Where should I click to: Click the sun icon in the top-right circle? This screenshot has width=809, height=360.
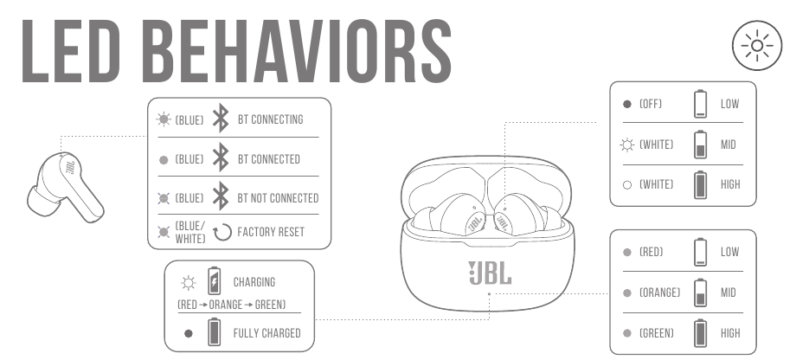pos(757,46)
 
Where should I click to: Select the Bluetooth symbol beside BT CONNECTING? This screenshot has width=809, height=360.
pos(221,118)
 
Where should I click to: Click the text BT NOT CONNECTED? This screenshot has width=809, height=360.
pos(278,198)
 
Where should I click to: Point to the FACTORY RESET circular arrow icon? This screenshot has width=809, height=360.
pos(222,232)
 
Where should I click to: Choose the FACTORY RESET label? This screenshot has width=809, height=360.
pos(271,232)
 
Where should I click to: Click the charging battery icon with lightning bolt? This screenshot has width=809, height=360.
pos(214,281)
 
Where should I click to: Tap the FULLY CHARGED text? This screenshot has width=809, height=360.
pos(266,333)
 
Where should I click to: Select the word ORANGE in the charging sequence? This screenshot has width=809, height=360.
pos(226,305)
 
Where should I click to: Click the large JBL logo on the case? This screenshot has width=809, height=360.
pos(490,273)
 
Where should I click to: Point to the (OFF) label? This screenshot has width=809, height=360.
pos(650,104)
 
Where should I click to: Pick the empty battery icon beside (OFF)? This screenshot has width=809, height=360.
pos(700,104)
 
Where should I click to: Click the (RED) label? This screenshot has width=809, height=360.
pos(652,252)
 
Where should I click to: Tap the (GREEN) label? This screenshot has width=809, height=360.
pos(656,333)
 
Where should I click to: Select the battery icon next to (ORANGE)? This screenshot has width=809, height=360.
pos(700,292)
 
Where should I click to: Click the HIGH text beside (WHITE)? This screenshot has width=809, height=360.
pos(730,184)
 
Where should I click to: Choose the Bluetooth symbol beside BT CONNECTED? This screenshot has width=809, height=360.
pos(221,157)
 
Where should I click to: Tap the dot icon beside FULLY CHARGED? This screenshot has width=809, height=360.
pos(189,333)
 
